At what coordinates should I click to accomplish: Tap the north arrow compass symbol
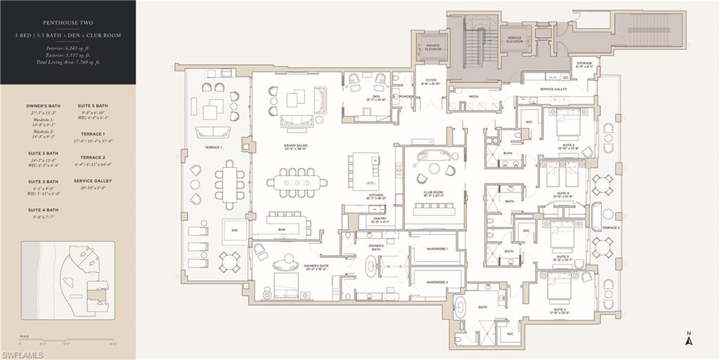[690, 340]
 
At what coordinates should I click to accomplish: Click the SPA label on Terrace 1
[234, 230]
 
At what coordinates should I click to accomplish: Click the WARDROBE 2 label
[437, 282]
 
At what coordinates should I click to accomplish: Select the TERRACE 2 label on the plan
[610, 228]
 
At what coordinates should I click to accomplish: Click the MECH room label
[473, 96]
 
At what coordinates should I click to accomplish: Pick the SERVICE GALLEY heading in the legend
[93, 181]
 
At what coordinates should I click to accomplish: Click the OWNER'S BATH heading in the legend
[42, 105]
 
